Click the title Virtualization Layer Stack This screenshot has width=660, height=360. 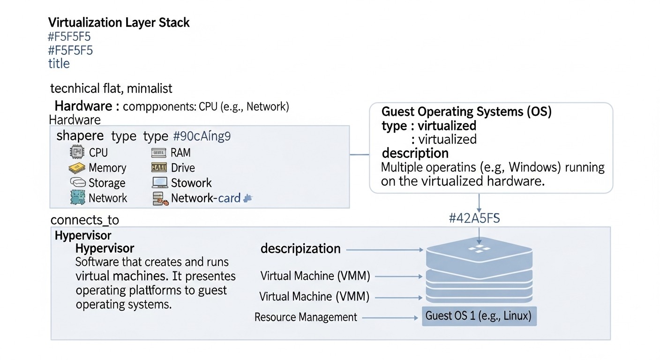(x=119, y=22)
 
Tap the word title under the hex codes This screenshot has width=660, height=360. (x=59, y=63)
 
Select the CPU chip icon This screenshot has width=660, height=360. (x=76, y=152)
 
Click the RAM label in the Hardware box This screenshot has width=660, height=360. (x=181, y=152)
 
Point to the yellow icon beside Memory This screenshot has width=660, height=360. (x=76, y=167)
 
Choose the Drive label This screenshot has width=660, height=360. (x=183, y=167)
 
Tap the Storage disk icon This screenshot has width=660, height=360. (x=77, y=182)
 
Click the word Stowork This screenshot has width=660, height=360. (x=191, y=183)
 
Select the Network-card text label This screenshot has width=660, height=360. (x=205, y=198)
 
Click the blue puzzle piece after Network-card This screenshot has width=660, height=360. (x=248, y=198)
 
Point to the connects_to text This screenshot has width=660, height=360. (x=84, y=220)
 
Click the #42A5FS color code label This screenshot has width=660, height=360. (x=474, y=218)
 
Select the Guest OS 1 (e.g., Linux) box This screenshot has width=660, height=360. (x=479, y=316)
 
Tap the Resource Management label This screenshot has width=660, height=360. (x=306, y=317)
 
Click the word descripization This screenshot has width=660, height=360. (x=300, y=248)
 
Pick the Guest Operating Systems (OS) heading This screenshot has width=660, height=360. (x=466, y=112)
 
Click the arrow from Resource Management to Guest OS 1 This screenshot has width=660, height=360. (x=390, y=318)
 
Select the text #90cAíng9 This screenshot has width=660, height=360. (x=202, y=136)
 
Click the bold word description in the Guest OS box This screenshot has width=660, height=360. (x=415, y=153)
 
